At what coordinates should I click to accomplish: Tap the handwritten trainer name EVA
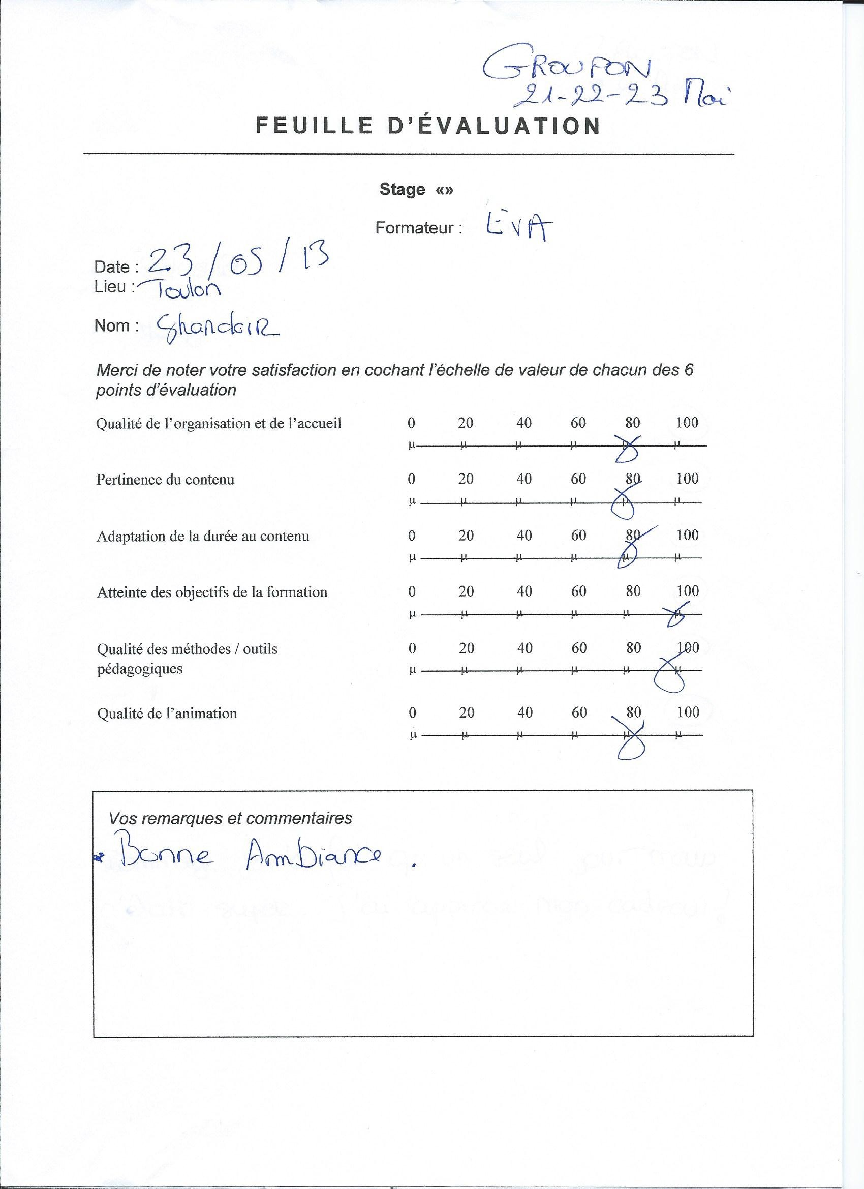(516, 226)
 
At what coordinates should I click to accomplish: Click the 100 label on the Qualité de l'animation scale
(688, 712)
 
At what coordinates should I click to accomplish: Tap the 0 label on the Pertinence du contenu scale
(411, 479)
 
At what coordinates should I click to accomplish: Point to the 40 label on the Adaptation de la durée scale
(524, 536)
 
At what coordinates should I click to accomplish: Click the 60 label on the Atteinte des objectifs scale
(578, 591)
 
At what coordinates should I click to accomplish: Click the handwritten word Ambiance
(313, 856)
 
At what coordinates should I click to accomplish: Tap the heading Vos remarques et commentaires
(230, 818)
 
